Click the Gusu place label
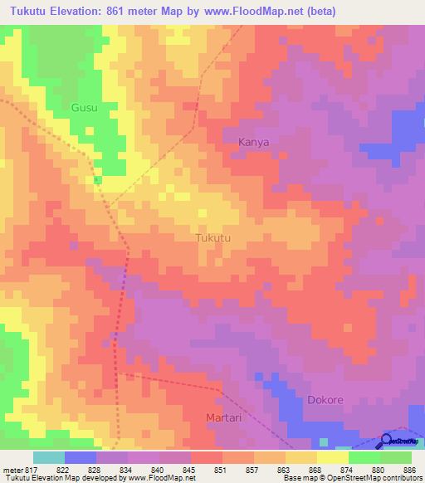84,108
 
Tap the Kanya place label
253,142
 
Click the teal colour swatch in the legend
49,457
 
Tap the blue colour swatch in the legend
81,457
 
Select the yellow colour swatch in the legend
333,457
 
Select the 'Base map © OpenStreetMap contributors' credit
352,478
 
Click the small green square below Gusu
98,179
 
